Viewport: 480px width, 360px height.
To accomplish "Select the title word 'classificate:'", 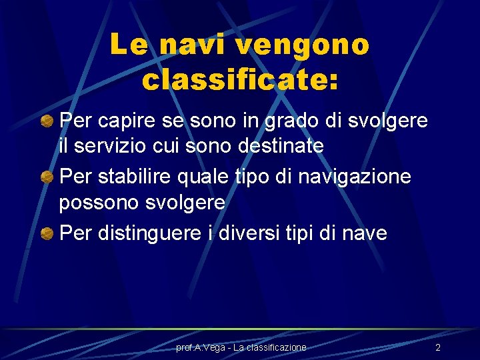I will click(x=240, y=80).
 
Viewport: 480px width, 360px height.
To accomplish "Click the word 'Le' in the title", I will click(x=126, y=45).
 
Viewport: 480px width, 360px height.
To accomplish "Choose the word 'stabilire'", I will click(x=131, y=178).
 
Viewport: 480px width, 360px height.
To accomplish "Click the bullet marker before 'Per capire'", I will click(x=47, y=122).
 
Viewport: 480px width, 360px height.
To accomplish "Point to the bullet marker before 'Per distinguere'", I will click(x=47, y=234).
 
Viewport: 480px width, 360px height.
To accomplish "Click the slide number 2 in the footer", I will click(x=438, y=347).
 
